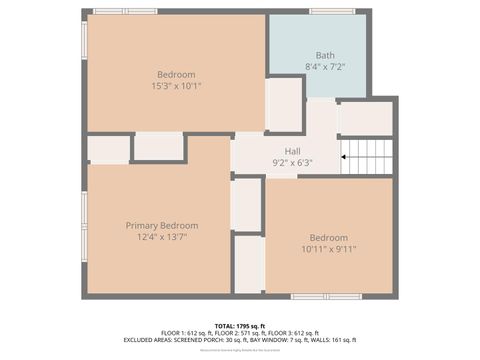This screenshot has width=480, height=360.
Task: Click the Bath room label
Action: [325, 55]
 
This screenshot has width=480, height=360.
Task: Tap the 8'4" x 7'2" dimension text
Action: [325, 66]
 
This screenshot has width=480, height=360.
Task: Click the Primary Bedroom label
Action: [161, 225]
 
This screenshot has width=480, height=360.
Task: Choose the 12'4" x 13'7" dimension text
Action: [161, 237]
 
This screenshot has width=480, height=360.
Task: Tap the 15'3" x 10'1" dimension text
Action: [176, 86]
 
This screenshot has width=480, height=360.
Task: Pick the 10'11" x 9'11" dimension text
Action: [328, 249]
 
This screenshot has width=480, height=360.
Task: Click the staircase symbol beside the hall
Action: [367, 156]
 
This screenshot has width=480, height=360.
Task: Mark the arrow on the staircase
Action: [348, 156]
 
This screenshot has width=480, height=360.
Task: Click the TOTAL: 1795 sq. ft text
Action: [240, 326]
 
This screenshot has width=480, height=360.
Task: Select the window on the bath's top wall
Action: [332, 11]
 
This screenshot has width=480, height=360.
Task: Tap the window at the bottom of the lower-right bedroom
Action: [326, 296]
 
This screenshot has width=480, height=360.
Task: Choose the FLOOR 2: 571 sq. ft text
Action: [240, 333]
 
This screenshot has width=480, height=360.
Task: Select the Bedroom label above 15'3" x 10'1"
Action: [176, 74]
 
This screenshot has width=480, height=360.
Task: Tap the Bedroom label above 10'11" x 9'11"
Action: [328, 237]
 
